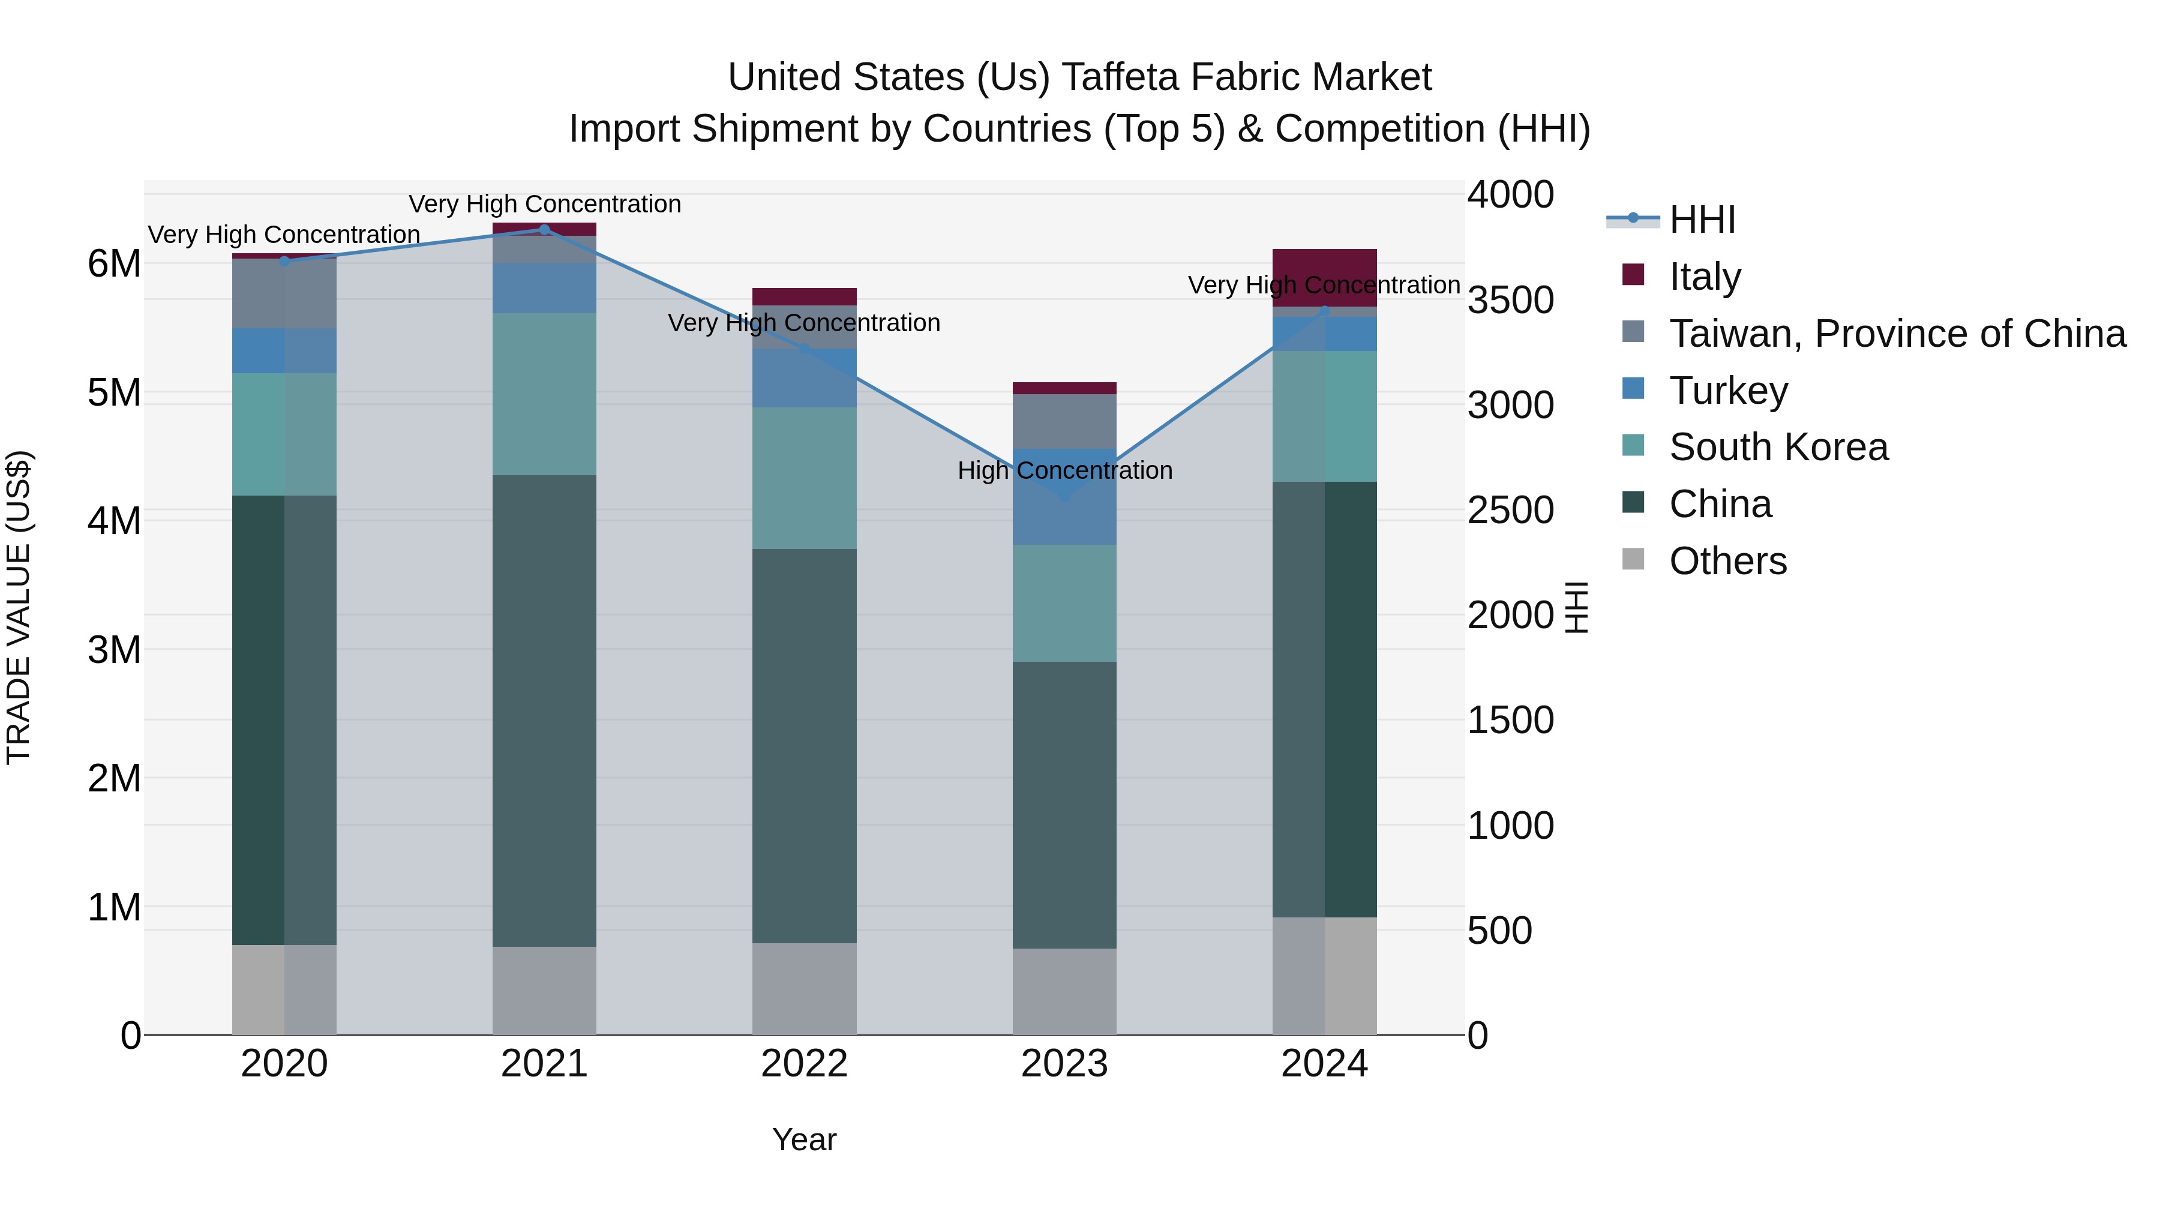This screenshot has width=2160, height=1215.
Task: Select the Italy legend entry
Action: pos(1705,277)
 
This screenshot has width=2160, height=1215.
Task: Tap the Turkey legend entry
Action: pos(1728,391)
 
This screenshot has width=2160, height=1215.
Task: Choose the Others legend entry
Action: pos(1727,561)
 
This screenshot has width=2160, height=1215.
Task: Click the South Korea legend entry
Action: pos(1778,448)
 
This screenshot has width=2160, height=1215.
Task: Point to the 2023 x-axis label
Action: pos(1064,1064)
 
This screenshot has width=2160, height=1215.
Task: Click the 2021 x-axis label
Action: pos(544,1064)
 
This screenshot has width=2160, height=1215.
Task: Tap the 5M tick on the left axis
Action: pos(115,392)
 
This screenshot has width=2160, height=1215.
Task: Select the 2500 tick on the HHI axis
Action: pos(1510,511)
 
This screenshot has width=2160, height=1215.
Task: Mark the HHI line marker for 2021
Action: pos(544,230)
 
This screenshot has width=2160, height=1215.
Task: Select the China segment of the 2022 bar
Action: pos(804,746)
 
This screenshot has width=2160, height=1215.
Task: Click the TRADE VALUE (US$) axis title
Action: pos(19,607)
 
